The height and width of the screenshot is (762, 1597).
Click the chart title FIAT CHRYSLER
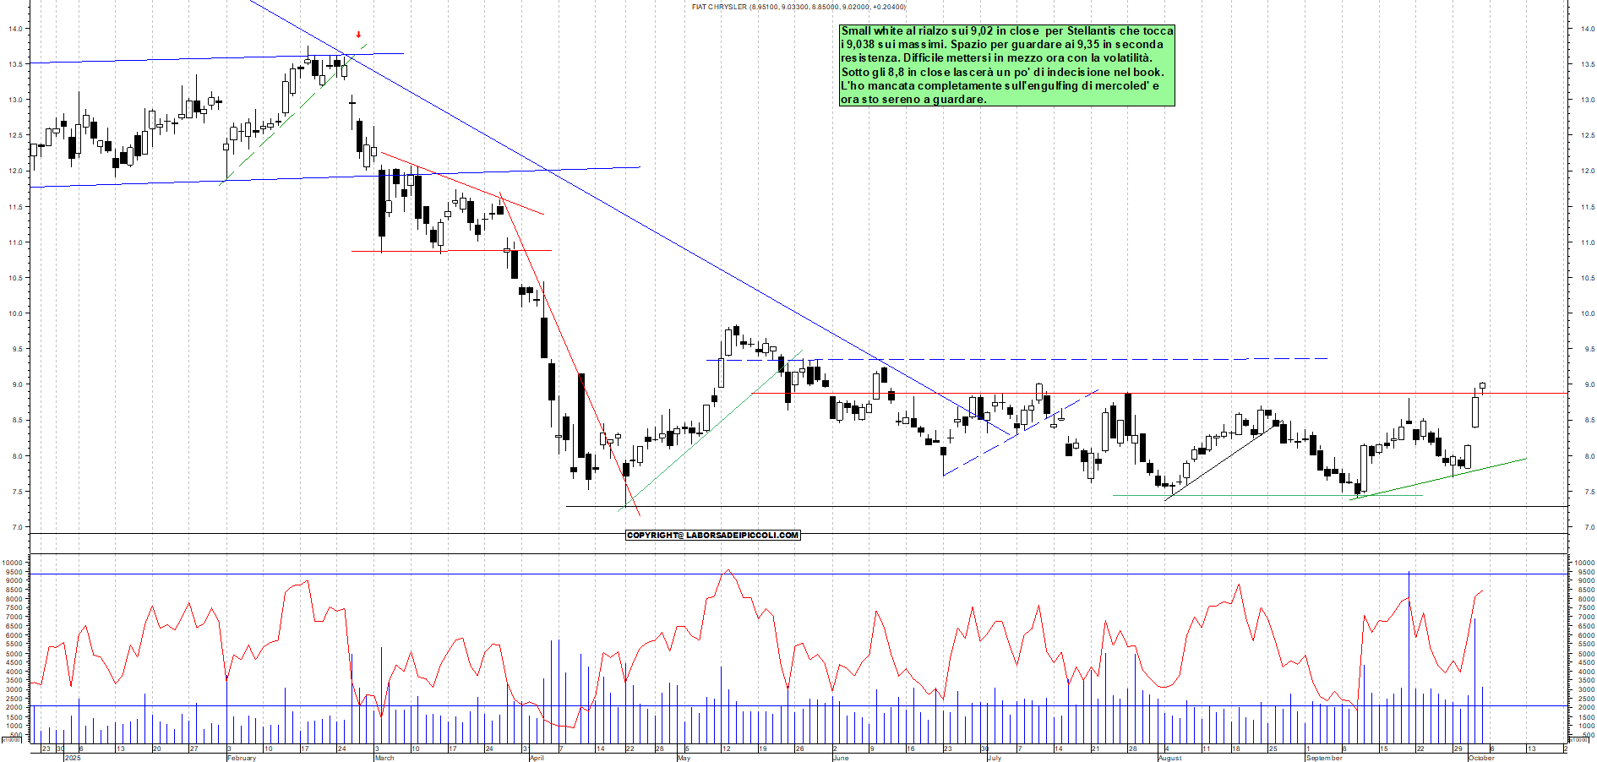point(719,7)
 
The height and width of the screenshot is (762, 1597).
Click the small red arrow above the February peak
point(358,35)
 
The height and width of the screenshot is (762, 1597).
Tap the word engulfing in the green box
point(1055,85)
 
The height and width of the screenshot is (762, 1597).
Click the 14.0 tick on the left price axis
point(15,29)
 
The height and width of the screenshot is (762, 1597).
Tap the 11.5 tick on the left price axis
point(15,207)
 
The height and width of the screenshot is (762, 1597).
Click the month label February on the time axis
point(242,758)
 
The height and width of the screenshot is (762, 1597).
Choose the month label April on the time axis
point(537,758)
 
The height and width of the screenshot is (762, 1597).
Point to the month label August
point(1170,758)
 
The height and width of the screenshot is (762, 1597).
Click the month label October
point(1481,758)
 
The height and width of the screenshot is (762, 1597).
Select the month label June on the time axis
point(841,758)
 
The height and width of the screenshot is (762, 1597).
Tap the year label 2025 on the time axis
point(73,758)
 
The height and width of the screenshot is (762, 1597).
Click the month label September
point(1324,758)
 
